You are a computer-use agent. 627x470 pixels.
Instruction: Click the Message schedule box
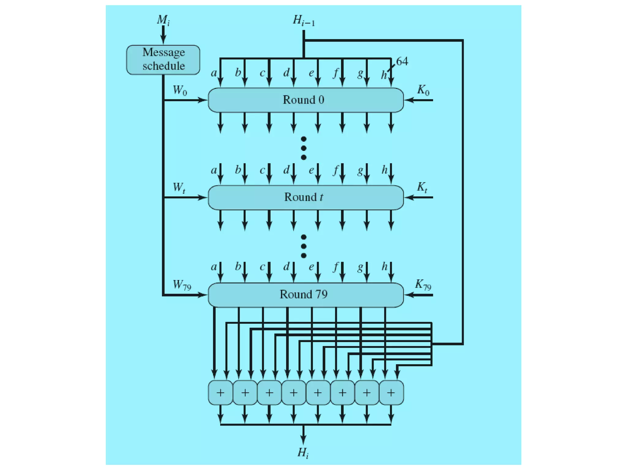click(163, 60)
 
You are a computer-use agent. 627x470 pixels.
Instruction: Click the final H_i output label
click(303, 453)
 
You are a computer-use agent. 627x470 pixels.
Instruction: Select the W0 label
click(180, 90)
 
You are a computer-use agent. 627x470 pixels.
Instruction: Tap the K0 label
click(423, 90)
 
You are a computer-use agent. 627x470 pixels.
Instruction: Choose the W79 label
click(182, 285)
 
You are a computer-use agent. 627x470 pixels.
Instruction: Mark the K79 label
click(423, 285)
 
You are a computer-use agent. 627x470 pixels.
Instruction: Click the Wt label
click(179, 187)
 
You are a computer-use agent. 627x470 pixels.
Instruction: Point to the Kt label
click(422, 187)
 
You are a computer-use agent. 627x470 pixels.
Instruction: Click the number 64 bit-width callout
click(402, 62)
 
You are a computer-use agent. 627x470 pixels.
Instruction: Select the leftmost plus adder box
click(220, 393)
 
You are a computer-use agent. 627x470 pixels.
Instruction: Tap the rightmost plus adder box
click(391, 393)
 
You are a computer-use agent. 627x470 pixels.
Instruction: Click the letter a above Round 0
click(214, 73)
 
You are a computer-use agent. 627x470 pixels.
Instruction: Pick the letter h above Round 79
click(385, 267)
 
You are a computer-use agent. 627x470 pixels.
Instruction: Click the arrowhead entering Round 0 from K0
click(408, 100)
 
